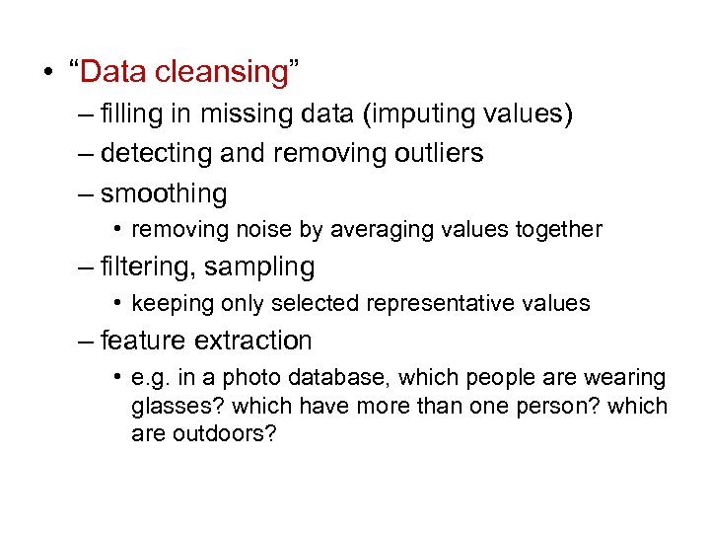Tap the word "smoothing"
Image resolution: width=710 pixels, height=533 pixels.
coord(164,193)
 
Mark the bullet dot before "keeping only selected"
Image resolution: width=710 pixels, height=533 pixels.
coord(116,303)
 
